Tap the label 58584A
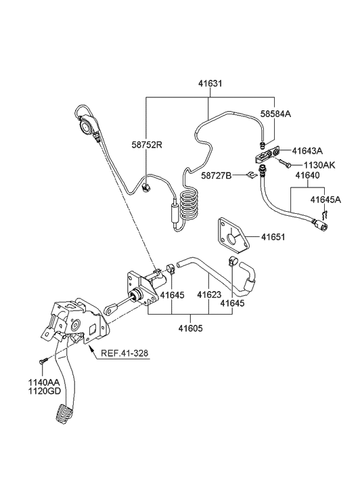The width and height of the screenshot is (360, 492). coord(276,115)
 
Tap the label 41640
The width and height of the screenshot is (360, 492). coord(309,175)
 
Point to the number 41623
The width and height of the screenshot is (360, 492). coord(209,295)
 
